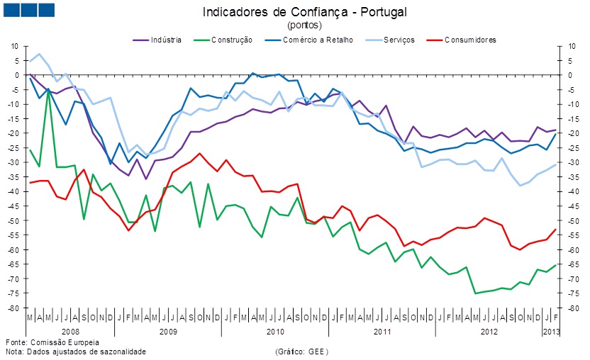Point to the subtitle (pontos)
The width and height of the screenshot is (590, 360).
coord(304,25)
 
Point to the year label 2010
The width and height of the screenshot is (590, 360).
coord(274,331)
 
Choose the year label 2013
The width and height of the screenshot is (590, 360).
coord(550,331)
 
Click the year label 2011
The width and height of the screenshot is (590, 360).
coord(382,331)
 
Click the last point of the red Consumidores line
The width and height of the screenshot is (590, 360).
coord(555,229)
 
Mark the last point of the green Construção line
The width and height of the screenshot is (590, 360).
coord(555,265)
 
